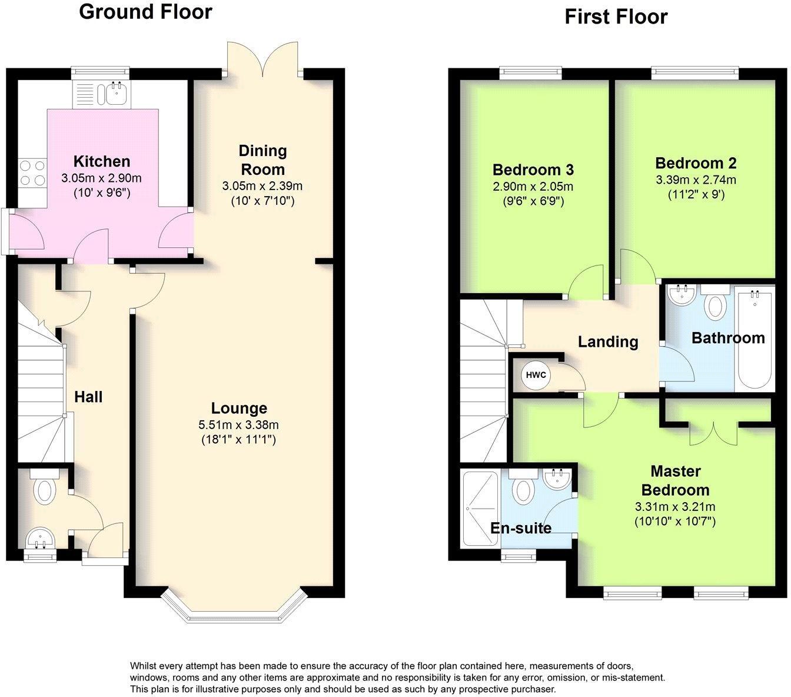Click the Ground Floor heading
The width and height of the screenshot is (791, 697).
click(145, 12)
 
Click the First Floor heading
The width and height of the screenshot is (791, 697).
click(616, 16)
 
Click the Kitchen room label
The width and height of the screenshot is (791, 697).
click(101, 161)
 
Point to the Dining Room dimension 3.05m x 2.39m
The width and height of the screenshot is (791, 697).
click(262, 186)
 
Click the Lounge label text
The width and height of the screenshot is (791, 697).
click(239, 408)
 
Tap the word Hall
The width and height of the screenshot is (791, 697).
click(88, 397)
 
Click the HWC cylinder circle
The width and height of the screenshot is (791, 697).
click(536, 376)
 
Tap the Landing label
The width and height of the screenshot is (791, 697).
click(607, 342)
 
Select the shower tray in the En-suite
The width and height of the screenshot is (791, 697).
click(480, 507)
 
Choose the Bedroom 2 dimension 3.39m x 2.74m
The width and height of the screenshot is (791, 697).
click(696, 180)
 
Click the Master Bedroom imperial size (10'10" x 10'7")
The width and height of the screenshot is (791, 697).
click(675, 521)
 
